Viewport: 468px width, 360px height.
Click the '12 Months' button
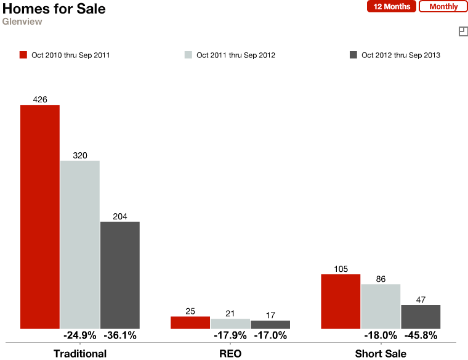click(x=392, y=7)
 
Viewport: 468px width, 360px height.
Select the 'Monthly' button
click(x=443, y=7)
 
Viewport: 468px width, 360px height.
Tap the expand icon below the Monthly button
click(x=463, y=31)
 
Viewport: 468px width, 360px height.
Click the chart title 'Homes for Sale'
click(x=54, y=9)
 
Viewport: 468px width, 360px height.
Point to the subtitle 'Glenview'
click(x=22, y=22)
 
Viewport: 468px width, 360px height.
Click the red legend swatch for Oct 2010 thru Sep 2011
click(x=23, y=55)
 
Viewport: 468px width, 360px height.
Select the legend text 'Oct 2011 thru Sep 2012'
click(x=236, y=55)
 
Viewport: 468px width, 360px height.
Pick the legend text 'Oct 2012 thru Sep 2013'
click(x=401, y=55)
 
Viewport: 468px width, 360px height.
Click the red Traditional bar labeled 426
click(x=40, y=216)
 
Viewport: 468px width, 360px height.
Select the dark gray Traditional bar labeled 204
click(x=119, y=275)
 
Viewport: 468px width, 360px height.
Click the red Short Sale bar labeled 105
click(x=341, y=301)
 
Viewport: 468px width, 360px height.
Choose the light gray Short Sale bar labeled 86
click(x=381, y=306)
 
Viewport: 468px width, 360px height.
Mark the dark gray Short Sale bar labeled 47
click(x=421, y=317)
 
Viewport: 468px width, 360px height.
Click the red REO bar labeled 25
click(x=190, y=322)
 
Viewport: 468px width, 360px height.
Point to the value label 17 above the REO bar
click(x=270, y=314)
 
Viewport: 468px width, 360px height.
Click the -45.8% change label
click(x=421, y=336)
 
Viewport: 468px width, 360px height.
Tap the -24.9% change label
click(x=79, y=336)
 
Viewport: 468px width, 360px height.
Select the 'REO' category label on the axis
click(x=230, y=354)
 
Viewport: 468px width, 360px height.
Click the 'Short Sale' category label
click(x=381, y=354)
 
